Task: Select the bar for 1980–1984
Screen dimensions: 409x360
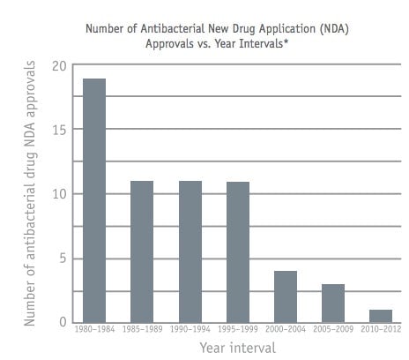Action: pyautogui.click(x=94, y=200)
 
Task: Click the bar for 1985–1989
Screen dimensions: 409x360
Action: pyautogui.click(x=142, y=251)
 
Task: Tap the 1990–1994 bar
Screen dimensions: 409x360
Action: pyautogui.click(x=190, y=251)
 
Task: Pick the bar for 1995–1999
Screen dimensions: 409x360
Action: pyautogui.click(x=238, y=252)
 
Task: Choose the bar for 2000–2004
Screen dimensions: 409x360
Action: pyautogui.click(x=286, y=297)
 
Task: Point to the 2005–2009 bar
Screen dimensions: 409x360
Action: pyautogui.click(x=333, y=304)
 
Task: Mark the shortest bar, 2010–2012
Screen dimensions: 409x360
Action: pyautogui.click(x=381, y=317)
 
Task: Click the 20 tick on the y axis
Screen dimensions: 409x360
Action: pyautogui.click(x=60, y=66)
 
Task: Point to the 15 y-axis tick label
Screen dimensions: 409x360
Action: pyautogui.click(x=60, y=130)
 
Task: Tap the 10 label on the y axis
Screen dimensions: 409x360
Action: pyautogui.click(x=60, y=194)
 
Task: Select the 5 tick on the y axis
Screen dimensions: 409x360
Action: pyautogui.click(x=63, y=259)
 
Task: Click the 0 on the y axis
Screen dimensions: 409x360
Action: pyautogui.click(x=63, y=322)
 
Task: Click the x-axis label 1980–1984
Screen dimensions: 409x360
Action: pyautogui.click(x=94, y=329)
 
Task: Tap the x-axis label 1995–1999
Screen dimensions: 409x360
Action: pyautogui.click(x=238, y=329)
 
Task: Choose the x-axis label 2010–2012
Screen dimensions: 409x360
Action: pyautogui.click(x=381, y=329)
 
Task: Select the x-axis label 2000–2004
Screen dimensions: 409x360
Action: pyautogui.click(x=286, y=329)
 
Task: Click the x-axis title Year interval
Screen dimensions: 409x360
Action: pyautogui.click(x=238, y=348)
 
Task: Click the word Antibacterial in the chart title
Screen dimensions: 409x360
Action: pyautogui.click(x=173, y=29)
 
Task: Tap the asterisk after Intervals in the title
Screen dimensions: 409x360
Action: pyautogui.click(x=286, y=41)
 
